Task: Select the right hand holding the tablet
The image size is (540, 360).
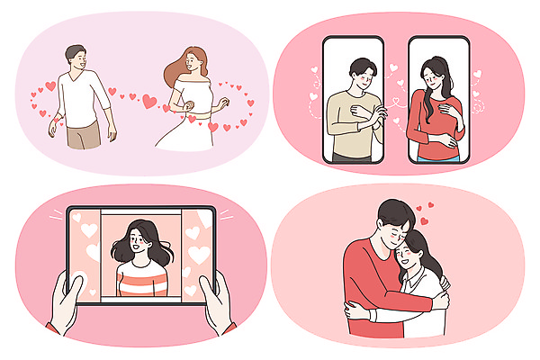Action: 220,301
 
